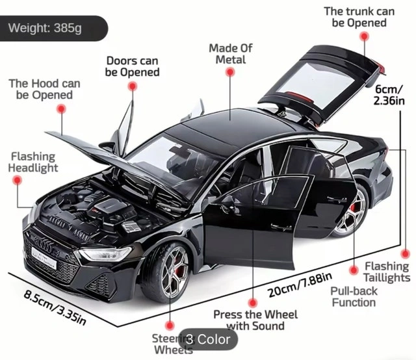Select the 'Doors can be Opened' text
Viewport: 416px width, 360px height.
click(x=132, y=66)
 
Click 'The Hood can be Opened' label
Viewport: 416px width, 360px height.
click(x=44, y=89)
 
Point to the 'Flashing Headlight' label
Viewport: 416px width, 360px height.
click(x=33, y=162)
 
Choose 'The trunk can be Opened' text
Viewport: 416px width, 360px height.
click(x=359, y=17)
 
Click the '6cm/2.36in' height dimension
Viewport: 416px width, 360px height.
click(x=387, y=95)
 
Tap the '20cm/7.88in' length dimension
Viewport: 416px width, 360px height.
click(x=298, y=286)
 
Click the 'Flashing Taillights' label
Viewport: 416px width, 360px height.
click(x=386, y=272)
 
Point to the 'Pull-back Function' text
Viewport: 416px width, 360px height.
click(x=354, y=297)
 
